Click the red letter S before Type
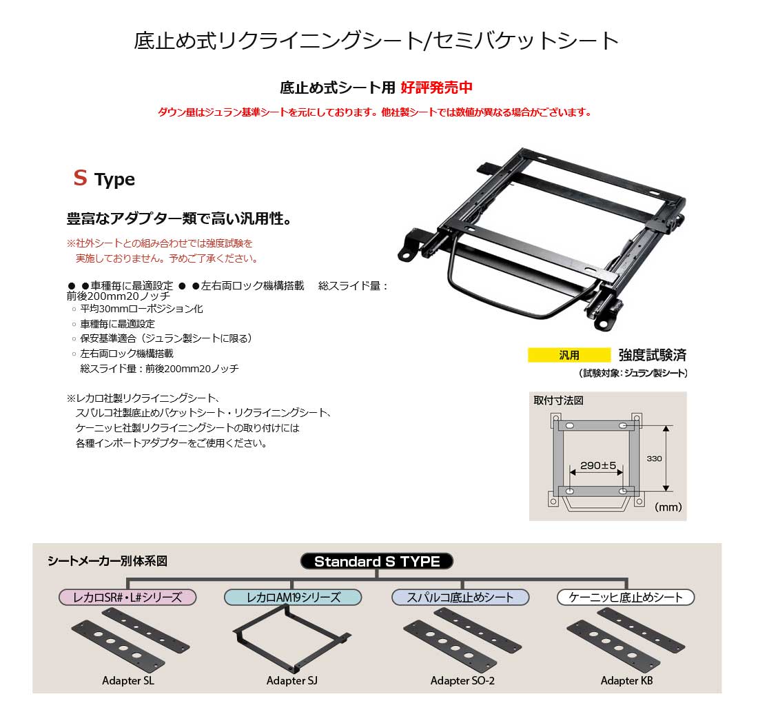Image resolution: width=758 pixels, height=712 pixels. click(80, 178)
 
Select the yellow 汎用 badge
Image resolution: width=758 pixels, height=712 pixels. click(569, 355)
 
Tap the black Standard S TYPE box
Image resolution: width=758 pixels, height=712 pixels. click(377, 561)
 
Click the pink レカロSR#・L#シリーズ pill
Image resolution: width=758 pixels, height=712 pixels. click(127, 598)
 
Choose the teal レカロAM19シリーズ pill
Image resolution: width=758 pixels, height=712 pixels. click(293, 598)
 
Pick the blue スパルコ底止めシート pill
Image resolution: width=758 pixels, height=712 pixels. click(460, 598)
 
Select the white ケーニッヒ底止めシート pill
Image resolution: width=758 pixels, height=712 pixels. click(626, 598)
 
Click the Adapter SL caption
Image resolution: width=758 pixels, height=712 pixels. click(128, 680)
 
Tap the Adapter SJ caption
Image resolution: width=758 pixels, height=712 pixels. click(292, 680)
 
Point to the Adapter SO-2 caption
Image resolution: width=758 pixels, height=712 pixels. click(462, 680)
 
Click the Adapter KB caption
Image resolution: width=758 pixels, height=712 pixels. click(626, 680)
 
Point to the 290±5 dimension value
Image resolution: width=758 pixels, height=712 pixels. click(598, 465)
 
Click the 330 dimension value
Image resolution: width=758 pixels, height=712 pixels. click(654, 458)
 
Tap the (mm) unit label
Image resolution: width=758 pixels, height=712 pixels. click(668, 507)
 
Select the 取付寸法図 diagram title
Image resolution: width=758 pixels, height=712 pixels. click(558, 400)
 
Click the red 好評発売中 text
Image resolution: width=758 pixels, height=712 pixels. click(436, 88)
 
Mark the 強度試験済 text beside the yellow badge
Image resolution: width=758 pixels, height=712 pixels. click(652, 355)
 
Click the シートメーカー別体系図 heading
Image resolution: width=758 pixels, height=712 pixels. click(107, 561)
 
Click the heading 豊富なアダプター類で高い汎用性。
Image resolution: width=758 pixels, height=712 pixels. click(180, 218)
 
